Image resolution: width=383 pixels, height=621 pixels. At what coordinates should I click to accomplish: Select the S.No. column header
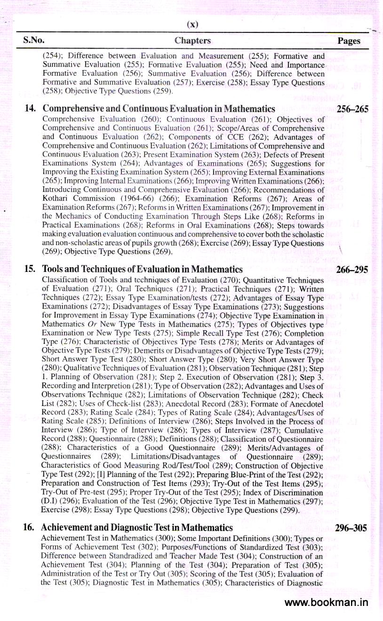(34, 40)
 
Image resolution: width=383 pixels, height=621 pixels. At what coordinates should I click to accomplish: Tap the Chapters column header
(192, 41)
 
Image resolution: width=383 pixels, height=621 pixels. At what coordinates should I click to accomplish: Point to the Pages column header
(349, 41)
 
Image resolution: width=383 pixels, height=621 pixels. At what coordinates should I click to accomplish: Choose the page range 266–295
(352, 270)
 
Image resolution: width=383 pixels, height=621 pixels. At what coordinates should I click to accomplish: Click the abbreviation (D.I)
(51, 502)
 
